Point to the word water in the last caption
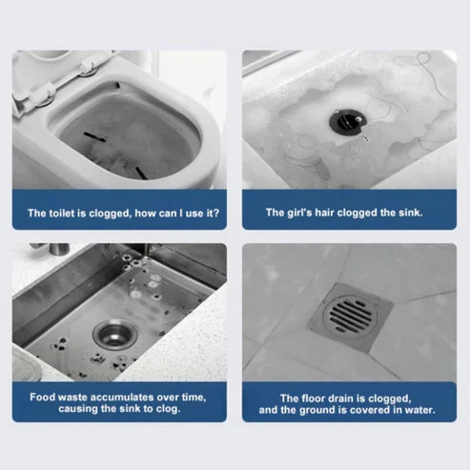point(417,411)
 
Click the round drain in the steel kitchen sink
point(113,334)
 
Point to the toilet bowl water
point(114,133)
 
